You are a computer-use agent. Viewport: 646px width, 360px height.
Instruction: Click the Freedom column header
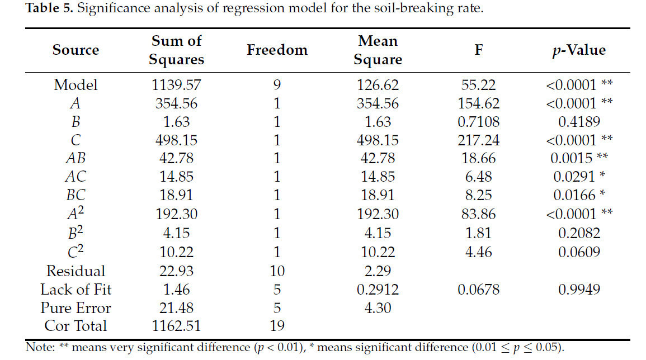[x=277, y=50]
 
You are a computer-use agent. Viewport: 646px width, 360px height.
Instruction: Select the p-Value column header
[x=578, y=50]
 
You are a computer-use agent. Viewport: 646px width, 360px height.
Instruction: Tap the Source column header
[x=76, y=50]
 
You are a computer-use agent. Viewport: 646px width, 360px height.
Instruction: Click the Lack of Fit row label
[x=76, y=290]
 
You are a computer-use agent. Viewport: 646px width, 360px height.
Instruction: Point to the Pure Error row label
[x=76, y=308]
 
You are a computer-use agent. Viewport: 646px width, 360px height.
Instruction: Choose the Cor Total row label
[x=76, y=326]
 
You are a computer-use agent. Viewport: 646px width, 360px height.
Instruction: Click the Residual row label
[x=76, y=271]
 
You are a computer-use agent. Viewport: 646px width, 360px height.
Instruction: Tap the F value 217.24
[x=478, y=140]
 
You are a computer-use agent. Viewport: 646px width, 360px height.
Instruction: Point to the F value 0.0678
[x=478, y=290]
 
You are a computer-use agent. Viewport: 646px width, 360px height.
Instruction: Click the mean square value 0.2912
[x=378, y=290]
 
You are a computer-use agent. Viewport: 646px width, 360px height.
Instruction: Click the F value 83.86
[x=478, y=214]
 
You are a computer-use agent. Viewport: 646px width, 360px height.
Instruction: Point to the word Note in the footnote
[x=37, y=347]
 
